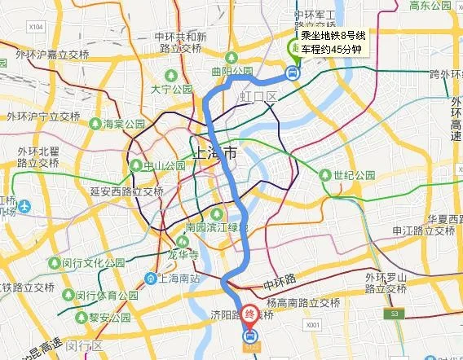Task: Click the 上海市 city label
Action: [x=214, y=153]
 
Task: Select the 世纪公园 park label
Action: [x=352, y=175]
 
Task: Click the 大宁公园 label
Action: [x=170, y=89]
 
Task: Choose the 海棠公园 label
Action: [x=123, y=125]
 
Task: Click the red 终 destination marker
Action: [x=252, y=316]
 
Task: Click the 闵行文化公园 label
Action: [x=97, y=264]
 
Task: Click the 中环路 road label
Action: [x=280, y=287]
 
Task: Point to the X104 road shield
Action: [x=35, y=27]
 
